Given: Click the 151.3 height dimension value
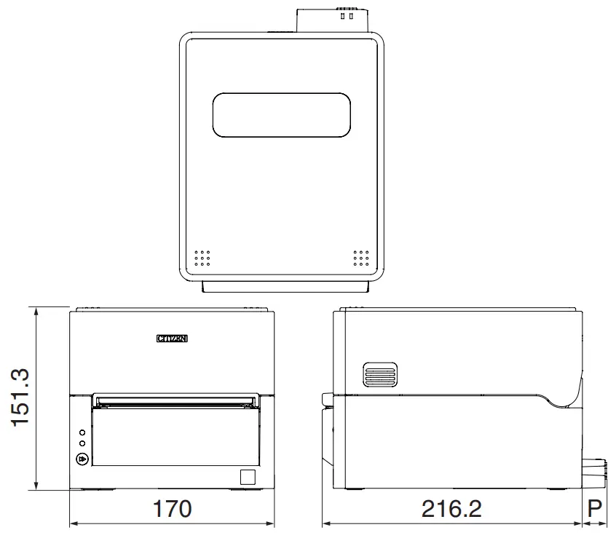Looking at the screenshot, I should click(20, 397).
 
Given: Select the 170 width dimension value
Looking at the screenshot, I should click(172, 508).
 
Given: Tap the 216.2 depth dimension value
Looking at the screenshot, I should click(451, 508).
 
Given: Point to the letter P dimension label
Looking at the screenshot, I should click(596, 508).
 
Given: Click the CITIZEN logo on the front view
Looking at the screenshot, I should click(173, 338).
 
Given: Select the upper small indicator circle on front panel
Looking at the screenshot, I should click(82, 432).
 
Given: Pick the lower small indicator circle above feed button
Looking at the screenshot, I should click(82, 443).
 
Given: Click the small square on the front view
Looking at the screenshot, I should click(248, 477).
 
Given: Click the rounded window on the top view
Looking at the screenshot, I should click(281, 114).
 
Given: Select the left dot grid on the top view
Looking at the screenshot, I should click(202, 258).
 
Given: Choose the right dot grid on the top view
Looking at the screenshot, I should click(361, 258).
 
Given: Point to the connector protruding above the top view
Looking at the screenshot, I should click(333, 20).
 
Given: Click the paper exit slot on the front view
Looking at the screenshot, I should click(175, 400).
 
